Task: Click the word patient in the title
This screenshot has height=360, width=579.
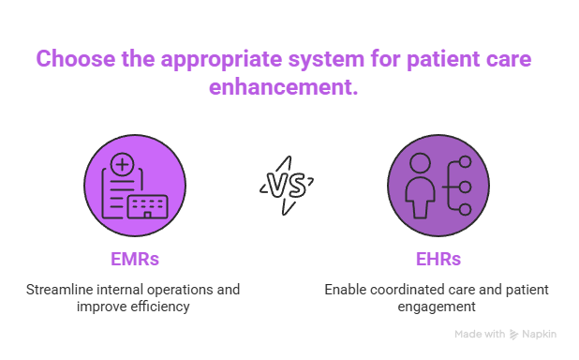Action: click(441, 58)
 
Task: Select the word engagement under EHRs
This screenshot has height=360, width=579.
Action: click(437, 306)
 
